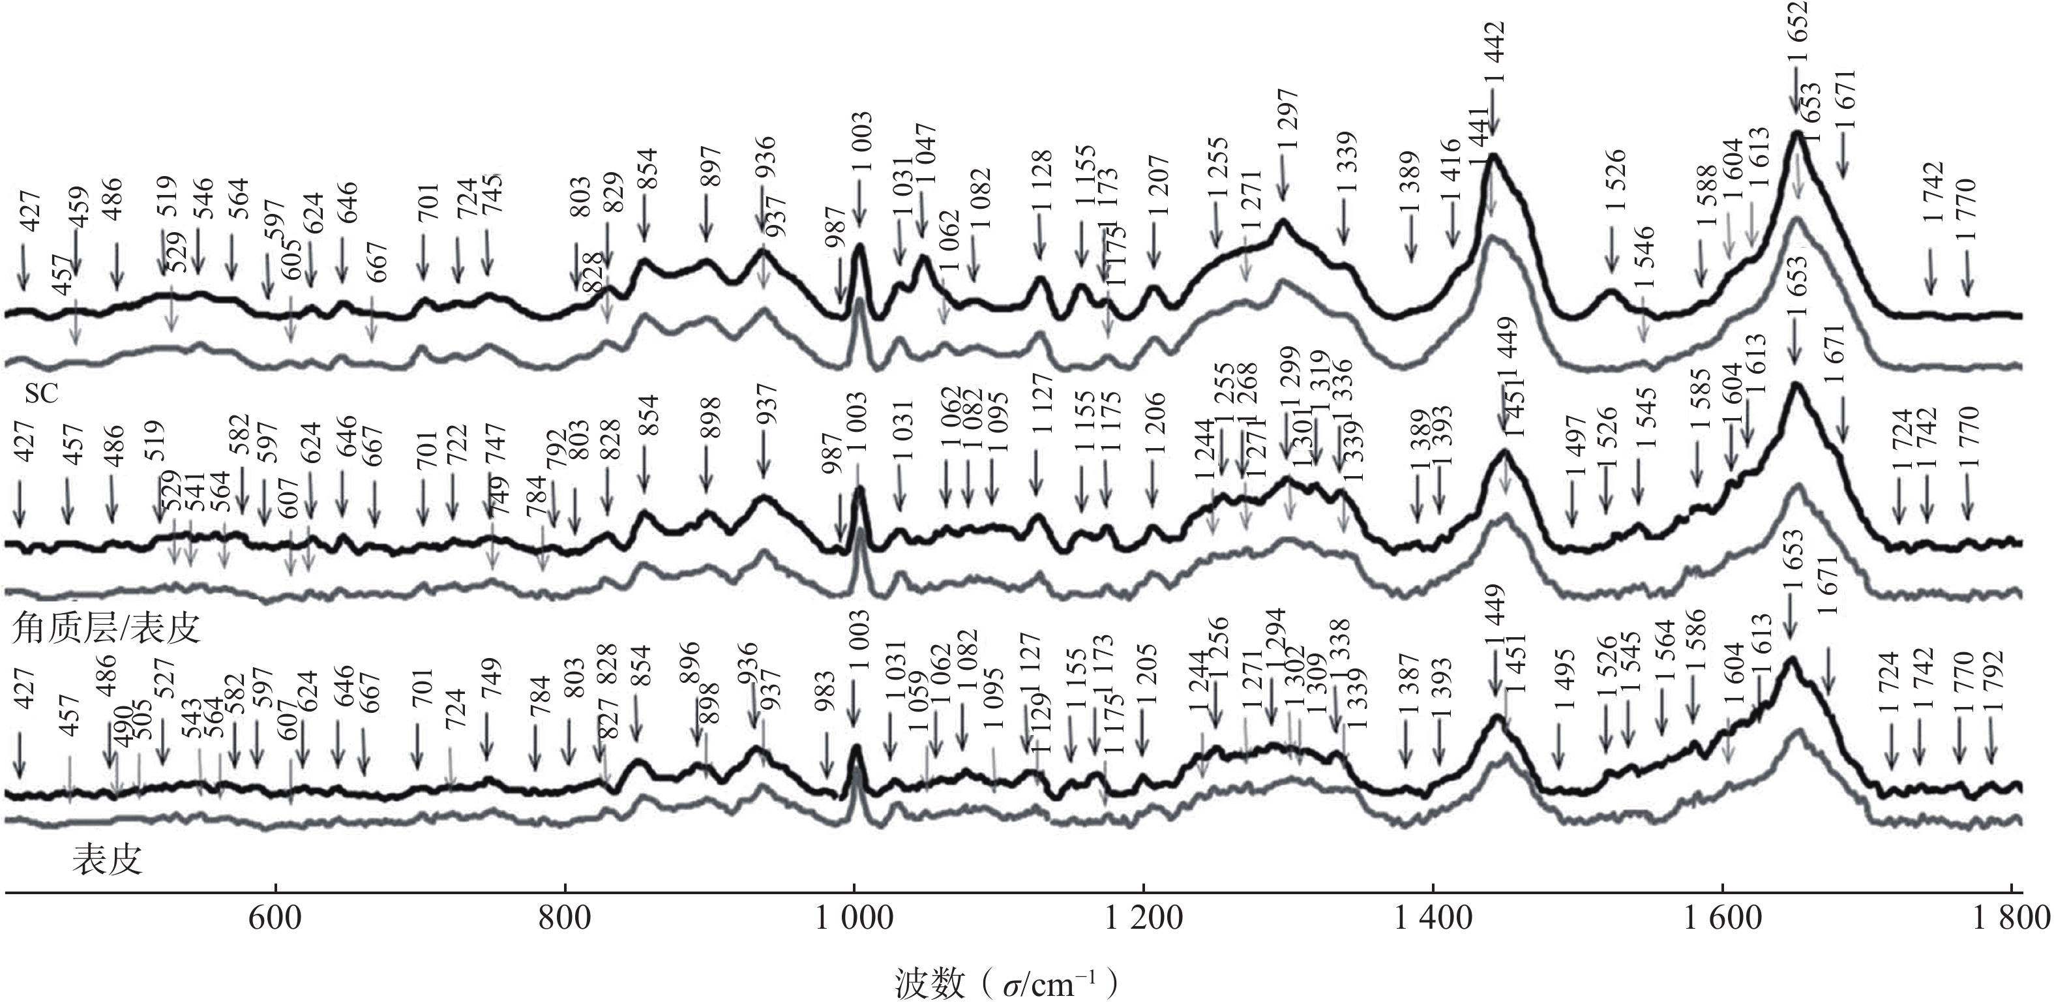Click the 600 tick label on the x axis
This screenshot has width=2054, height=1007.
tap(275, 918)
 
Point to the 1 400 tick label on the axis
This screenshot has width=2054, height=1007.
tap(1433, 918)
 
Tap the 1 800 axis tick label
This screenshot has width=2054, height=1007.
tap(2011, 918)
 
